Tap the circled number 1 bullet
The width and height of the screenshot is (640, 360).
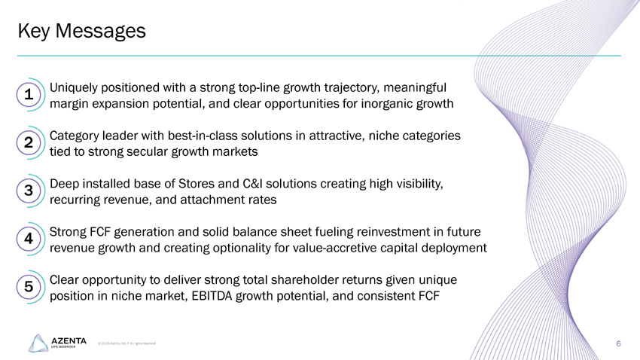(28, 96)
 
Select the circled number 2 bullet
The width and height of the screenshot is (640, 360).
(28, 142)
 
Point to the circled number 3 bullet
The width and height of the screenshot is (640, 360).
(28, 191)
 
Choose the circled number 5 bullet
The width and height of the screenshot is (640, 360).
(28, 287)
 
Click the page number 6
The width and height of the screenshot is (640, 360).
(617, 344)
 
